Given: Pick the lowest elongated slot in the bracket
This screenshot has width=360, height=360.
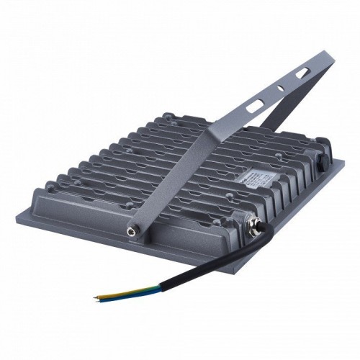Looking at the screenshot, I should (x=255, y=106).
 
